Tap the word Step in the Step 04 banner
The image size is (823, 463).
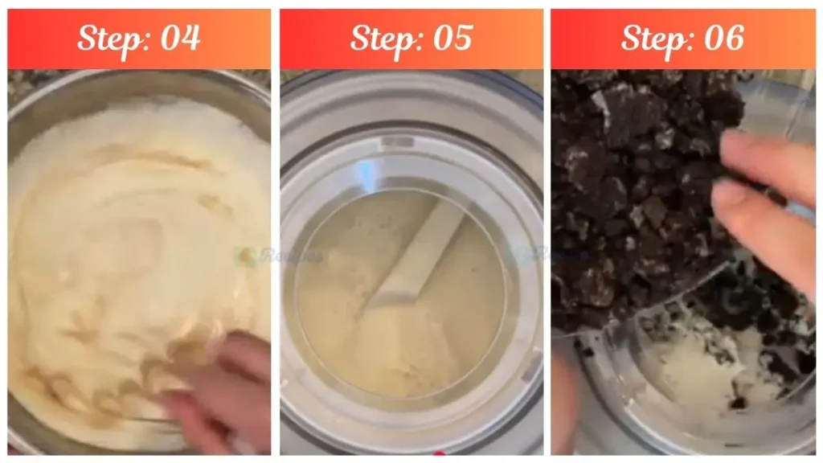click(108, 38)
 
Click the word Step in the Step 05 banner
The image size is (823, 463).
click(380, 38)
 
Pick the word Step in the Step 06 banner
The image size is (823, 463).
click(652, 38)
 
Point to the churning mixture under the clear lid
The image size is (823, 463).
click(402, 338)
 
